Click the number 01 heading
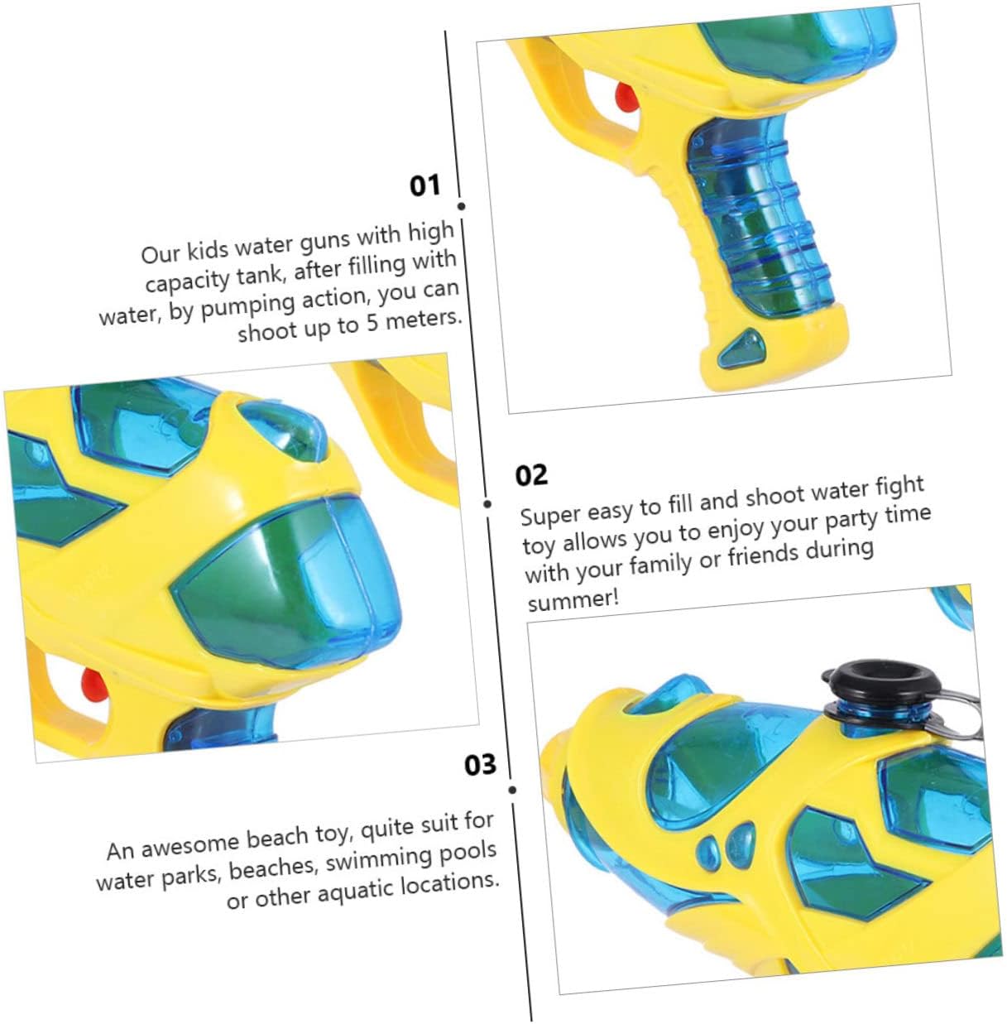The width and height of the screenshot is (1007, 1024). (x=424, y=186)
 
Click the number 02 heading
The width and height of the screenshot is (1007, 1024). (x=531, y=475)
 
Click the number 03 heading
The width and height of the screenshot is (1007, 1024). (x=480, y=765)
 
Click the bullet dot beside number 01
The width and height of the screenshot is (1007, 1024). (x=461, y=206)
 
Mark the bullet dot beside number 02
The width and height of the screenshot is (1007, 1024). (x=487, y=504)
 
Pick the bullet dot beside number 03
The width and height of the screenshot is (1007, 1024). (x=512, y=791)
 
